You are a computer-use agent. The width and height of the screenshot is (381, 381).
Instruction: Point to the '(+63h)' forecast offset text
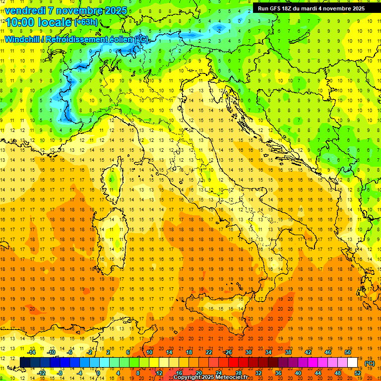click(85, 23)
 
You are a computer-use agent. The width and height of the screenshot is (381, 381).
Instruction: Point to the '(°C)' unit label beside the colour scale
click(369, 363)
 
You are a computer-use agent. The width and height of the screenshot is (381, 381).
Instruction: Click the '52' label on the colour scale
click(358, 373)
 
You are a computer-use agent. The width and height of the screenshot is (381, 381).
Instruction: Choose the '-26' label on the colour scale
click(228, 352)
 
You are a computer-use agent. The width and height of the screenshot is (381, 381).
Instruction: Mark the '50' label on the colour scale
click(347, 352)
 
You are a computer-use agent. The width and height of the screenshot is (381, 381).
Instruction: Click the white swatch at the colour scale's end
click(353, 363)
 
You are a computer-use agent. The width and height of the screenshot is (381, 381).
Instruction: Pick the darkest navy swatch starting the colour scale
click(25, 363)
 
